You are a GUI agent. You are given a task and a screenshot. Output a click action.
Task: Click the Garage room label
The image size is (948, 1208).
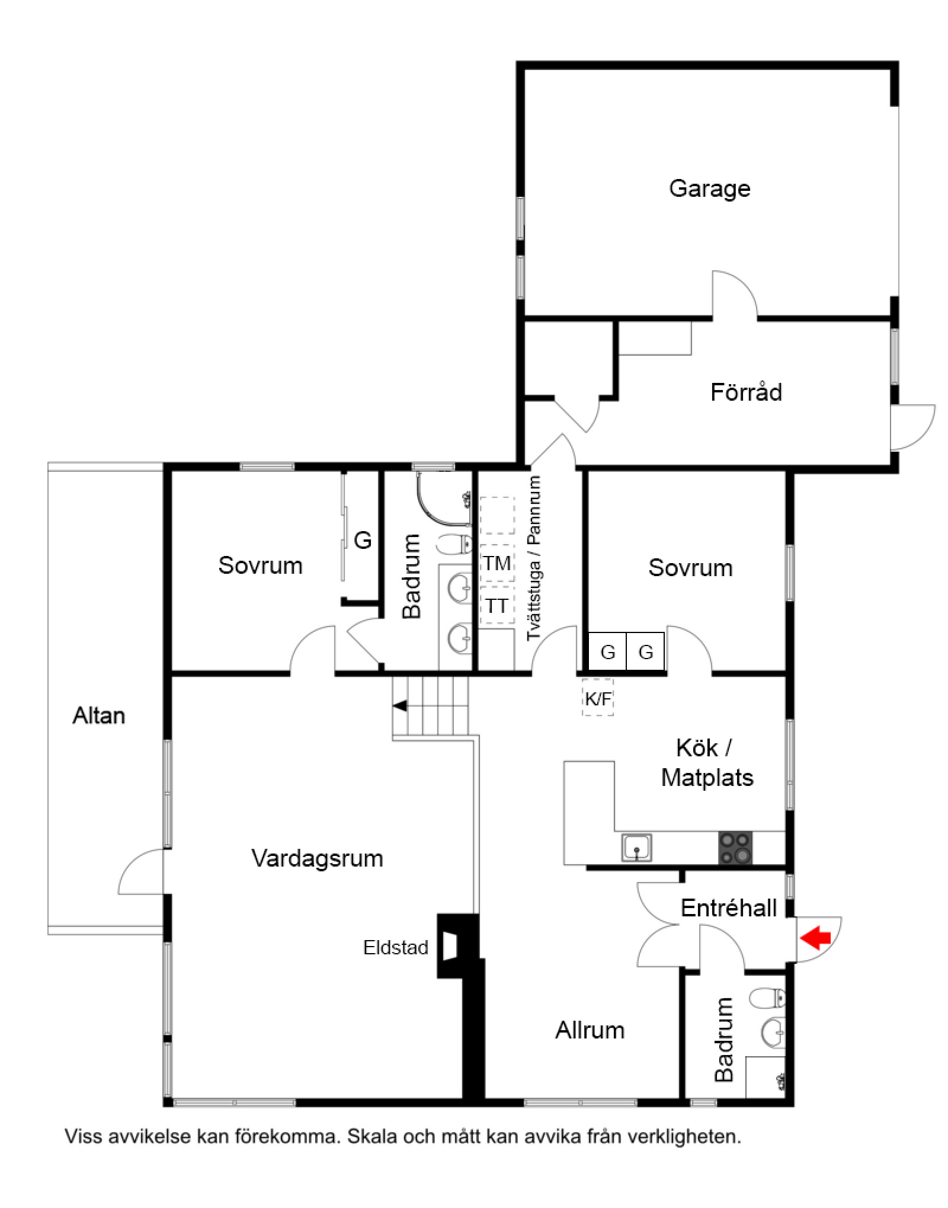pos(709,188)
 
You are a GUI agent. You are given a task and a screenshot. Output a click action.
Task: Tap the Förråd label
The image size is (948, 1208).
pos(746,392)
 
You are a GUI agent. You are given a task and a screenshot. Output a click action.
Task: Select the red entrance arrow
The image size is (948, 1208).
pos(815,938)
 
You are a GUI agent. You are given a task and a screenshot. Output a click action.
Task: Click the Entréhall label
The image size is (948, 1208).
pos(728,907)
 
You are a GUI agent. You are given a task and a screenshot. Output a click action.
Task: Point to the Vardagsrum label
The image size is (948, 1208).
pos(317,858)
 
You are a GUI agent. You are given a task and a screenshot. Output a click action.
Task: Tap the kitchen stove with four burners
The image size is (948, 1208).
pos(735,848)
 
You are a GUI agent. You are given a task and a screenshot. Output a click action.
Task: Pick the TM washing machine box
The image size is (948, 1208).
pos(497,563)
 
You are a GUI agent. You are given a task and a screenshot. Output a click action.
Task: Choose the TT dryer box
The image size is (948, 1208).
pos(497,606)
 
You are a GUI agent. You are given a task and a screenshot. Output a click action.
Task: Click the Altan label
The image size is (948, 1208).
pos(98,715)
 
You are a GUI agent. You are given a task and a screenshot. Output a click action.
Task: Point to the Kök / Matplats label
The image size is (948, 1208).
pos(707,762)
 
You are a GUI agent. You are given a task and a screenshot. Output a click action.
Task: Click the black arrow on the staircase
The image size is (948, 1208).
pos(401,705)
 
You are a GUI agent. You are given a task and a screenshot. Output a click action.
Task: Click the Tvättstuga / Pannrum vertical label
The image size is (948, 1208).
pos(534,558)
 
